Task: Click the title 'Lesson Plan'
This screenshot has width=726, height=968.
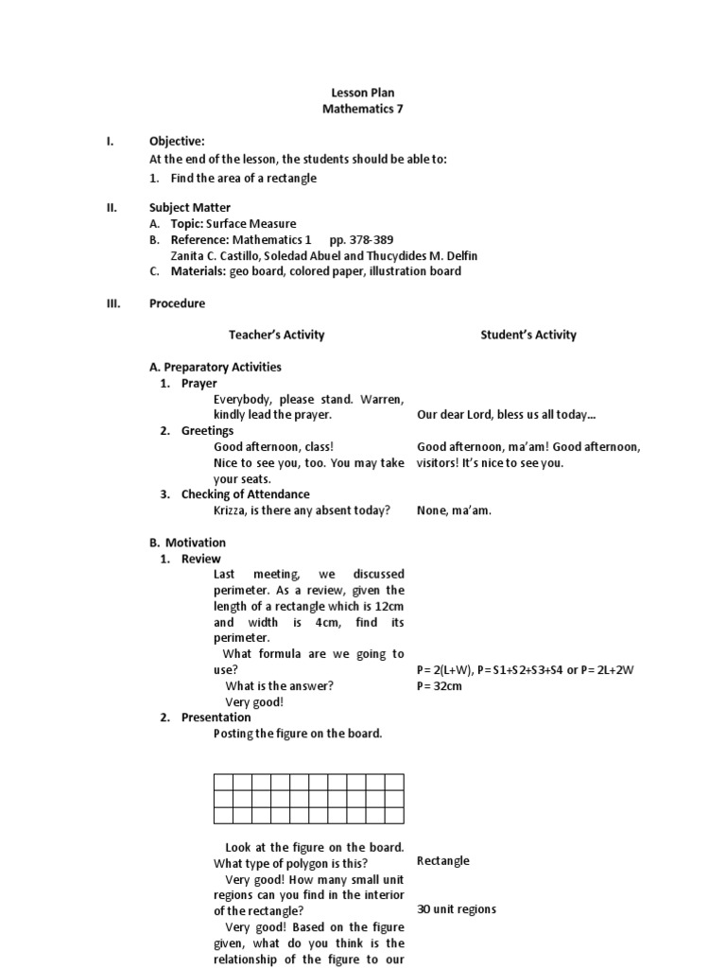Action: (362, 93)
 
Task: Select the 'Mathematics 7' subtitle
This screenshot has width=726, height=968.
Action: (362, 110)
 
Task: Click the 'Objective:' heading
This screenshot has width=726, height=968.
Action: (177, 142)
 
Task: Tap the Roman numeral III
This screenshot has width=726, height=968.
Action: (112, 303)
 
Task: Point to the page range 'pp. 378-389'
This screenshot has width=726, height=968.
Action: (361, 240)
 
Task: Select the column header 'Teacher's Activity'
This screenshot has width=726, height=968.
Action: (276, 335)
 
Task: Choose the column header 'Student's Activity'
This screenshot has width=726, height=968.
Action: (527, 335)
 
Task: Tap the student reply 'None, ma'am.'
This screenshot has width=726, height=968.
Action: (454, 510)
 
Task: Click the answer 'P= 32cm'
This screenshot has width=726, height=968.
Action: (439, 685)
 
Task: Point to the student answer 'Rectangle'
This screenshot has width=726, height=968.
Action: (442, 861)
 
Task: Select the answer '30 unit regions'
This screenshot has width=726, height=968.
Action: (457, 909)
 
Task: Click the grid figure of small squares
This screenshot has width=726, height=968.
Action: (308, 798)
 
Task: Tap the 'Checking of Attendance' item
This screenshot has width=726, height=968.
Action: (245, 494)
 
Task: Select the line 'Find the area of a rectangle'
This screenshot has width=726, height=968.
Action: (243, 178)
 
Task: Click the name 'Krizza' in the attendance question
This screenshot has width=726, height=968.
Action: (231, 510)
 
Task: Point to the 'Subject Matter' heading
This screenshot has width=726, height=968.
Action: (189, 207)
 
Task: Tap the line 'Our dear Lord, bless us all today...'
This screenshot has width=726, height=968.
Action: (506, 415)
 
